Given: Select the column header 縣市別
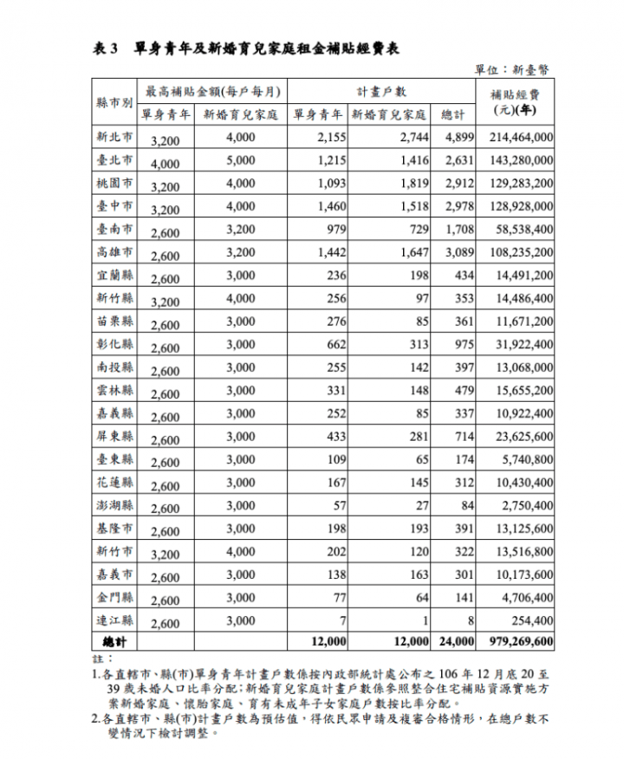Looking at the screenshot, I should [x=115, y=102].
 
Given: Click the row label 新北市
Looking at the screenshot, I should [x=115, y=137].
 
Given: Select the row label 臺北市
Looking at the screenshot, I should [x=115, y=160].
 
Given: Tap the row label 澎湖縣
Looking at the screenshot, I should [x=115, y=505].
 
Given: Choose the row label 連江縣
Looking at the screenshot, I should [x=115, y=620].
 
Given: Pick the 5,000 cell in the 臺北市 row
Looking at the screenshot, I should [x=240, y=160].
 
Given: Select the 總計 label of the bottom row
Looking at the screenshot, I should [x=115, y=642].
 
